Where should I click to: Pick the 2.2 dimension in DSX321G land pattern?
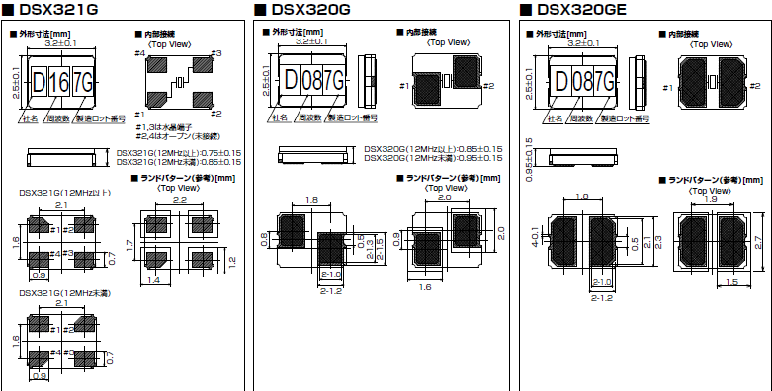pyautogui.click(x=180, y=200)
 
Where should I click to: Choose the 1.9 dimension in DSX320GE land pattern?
pyautogui.click(x=709, y=200)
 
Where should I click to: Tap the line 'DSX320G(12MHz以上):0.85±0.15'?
pyautogui.click(x=433, y=149)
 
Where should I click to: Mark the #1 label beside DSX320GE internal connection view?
pyautogui.click(x=668, y=89)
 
